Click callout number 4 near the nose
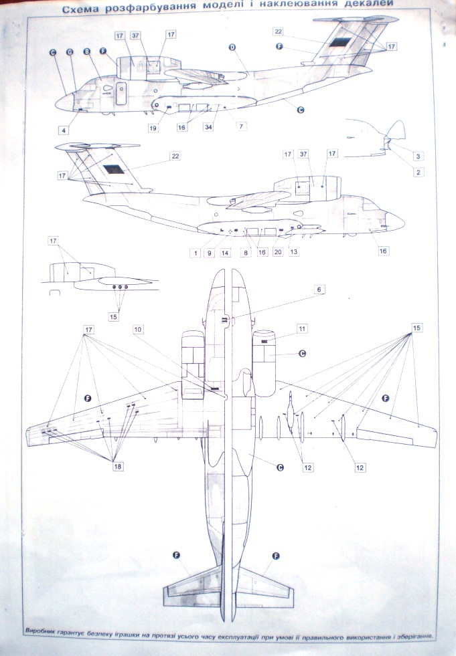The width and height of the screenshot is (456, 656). point(64,130)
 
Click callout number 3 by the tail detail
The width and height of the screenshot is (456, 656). point(417,156)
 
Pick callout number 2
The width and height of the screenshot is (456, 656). point(417,172)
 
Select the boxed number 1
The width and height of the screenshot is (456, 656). point(194,253)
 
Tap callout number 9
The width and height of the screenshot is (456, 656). point(210,253)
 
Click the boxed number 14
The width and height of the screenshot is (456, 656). point(226,253)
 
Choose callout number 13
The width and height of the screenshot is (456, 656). point(293,253)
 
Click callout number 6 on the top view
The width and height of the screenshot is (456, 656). point(320,289)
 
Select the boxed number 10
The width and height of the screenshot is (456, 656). point(137,330)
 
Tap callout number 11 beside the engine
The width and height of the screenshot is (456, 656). point(302,329)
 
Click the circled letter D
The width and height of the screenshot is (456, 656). point(232,47)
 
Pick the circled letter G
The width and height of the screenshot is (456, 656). point(69,51)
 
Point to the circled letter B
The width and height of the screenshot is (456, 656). point(86,51)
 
